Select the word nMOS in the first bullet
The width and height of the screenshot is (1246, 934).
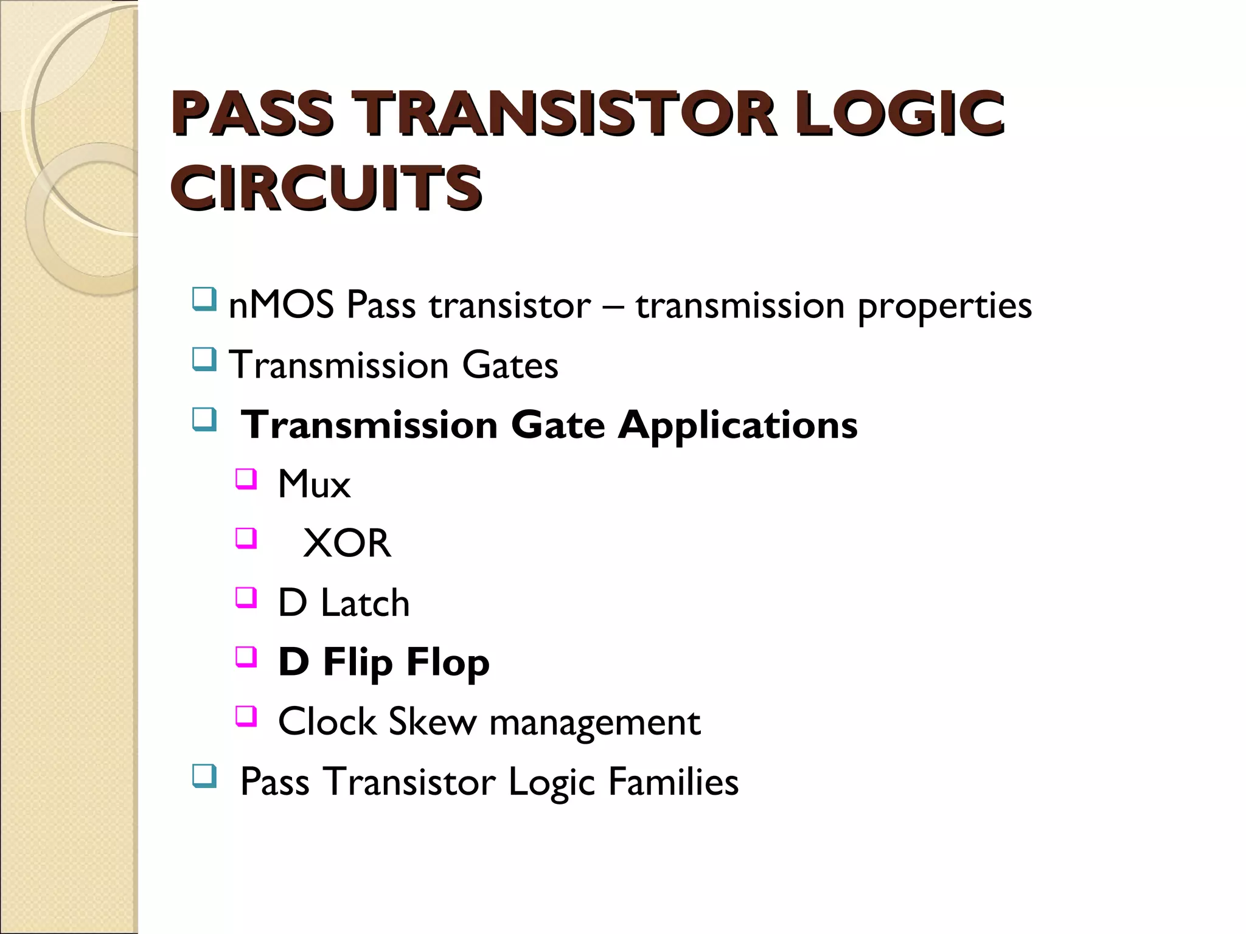280,305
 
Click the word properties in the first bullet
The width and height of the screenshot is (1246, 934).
944,306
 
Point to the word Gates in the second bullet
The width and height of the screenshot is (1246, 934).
510,365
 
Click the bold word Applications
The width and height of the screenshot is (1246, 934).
738,424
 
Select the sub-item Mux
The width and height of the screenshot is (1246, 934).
314,485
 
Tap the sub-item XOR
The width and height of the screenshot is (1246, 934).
347,543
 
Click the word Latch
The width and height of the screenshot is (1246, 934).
365,603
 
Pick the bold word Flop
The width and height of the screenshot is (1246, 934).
448,663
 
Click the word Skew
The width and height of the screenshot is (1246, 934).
432,722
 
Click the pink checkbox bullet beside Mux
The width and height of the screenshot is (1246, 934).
246,479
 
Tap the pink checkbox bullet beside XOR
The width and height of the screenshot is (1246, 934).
246,538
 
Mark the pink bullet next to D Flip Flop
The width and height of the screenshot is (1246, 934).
246,657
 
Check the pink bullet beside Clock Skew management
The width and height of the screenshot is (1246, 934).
246,716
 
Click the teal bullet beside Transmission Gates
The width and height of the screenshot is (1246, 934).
204,359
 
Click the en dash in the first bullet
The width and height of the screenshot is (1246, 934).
613,306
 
